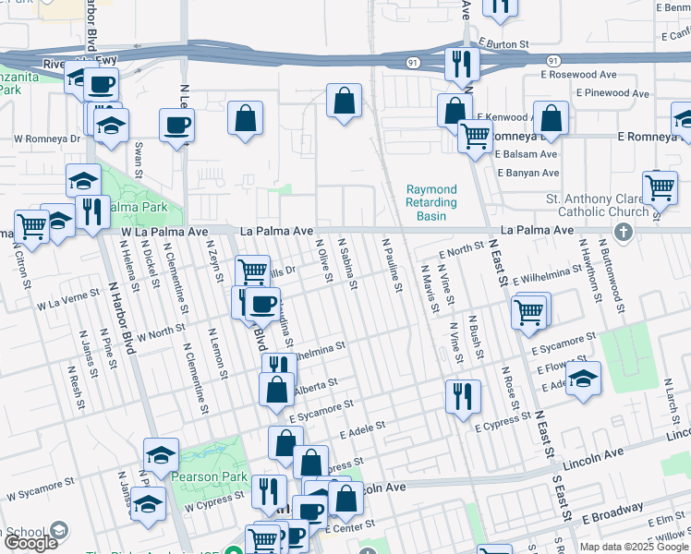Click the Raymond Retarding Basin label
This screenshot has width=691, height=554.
(x=431, y=202)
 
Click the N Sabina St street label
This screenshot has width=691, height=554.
(x=347, y=262)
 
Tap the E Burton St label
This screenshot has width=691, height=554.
(x=503, y=43)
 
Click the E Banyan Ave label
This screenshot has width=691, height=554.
(x=527, y=173)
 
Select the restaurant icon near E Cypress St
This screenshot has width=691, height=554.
(x=463, y=396)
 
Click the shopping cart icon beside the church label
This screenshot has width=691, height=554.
(x=660, y=187)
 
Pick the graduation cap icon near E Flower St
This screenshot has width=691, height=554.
(x=583, y=378)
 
